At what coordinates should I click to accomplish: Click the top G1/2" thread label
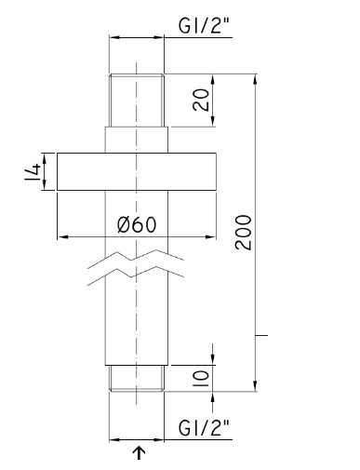pos(204,25)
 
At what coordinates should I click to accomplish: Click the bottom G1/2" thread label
pos(204,427)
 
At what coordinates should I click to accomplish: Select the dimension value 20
pos(201,100)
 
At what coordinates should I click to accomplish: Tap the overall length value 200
pos(243,232)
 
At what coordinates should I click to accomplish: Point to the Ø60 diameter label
pos(137,224)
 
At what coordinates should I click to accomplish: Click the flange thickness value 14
pos(33,172)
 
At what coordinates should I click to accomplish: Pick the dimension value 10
pos(201,379)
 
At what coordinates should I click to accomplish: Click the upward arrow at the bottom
pos(139,452)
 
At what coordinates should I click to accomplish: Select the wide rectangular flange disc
pos(137,171)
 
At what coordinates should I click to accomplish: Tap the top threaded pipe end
pos(137,101)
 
